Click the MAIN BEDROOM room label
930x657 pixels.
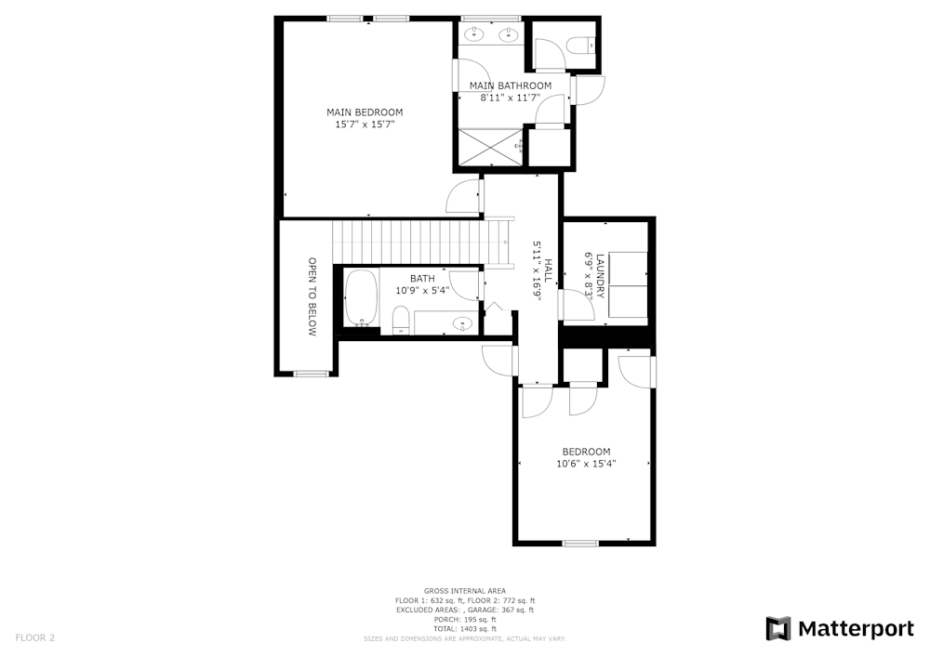365,112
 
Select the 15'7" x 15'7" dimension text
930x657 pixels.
365,124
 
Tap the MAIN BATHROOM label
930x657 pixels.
510,85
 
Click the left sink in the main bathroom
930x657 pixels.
473,35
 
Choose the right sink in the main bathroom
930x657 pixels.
508,35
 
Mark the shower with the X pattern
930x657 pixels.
488,147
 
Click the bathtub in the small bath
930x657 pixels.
361,296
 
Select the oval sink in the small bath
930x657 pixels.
461,323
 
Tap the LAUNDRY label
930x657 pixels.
601,275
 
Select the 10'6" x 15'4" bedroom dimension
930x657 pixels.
586,463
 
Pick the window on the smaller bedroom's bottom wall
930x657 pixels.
580,543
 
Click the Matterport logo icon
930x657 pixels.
777,629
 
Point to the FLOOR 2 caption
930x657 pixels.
35,637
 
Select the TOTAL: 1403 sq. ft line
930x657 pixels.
465,629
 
